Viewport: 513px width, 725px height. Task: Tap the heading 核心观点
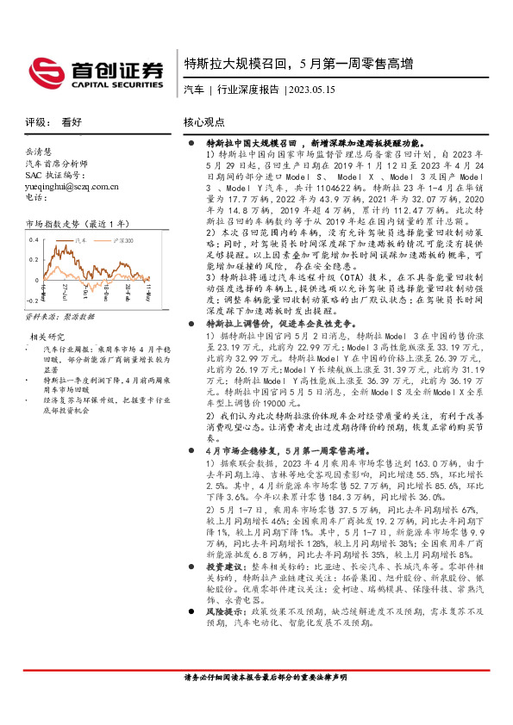click(x=204, y=122)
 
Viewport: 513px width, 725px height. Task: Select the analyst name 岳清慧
click(x=39, y=150)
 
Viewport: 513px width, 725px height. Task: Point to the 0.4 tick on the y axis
click(x=34, y=239)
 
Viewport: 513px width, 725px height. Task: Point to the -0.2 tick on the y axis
click(x=32, y=301)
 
